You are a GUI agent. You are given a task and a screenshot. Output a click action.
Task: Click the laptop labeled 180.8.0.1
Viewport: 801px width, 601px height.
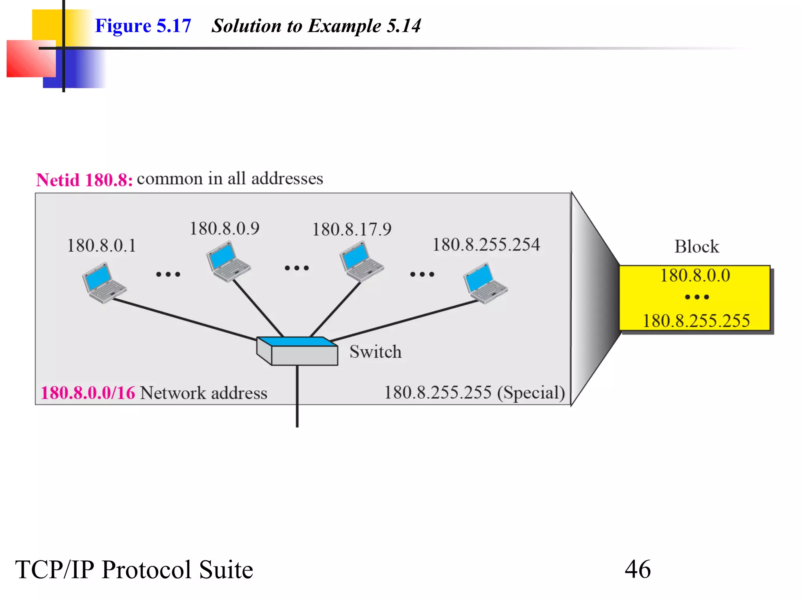pos(104,283)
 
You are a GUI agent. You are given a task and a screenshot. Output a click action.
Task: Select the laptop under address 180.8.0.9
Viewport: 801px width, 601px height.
pos(228,261)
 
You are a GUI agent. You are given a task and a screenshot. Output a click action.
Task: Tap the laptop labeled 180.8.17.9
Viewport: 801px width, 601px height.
pos(361,261)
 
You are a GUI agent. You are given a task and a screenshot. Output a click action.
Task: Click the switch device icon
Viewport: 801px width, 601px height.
pos(297,351)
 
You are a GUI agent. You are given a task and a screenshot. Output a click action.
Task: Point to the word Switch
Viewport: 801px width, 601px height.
pos(375,352)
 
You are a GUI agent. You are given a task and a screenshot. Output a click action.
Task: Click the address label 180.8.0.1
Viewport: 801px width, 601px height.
pos(102,246)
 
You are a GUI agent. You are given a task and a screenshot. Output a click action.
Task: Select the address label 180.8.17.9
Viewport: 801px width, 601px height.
pos(352,229)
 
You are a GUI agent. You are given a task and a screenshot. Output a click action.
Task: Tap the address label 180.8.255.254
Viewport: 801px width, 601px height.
pos(486,245)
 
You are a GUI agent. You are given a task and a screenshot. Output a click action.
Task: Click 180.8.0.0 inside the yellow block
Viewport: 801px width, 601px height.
pos(695,275)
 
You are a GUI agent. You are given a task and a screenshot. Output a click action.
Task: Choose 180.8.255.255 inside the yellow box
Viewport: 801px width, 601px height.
pos(696,321)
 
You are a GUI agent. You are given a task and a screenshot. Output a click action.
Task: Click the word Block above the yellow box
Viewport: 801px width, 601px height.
pos(697,247)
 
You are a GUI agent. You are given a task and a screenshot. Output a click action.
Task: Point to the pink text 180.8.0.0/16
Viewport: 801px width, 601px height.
pos(88,393)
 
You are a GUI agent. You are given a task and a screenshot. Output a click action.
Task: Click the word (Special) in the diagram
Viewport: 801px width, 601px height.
pos(531,393)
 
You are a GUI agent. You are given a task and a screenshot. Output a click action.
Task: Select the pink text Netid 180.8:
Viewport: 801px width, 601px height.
pos(84,180)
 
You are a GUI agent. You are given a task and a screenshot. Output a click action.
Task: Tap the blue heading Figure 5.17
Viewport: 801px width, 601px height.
pos(143,26)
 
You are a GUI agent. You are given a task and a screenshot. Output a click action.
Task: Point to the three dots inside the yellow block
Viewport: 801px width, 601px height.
pos(697,297)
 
